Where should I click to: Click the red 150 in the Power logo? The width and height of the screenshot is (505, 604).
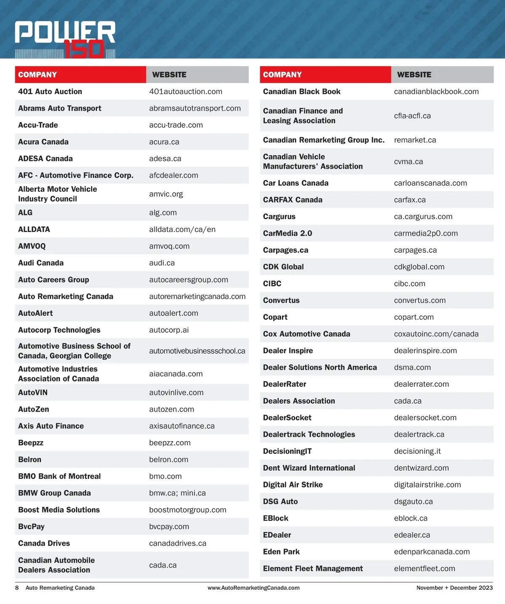pos(84,49)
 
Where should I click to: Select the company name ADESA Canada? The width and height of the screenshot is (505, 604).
pos(45,159)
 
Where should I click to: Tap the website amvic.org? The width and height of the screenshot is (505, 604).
pos(166,194)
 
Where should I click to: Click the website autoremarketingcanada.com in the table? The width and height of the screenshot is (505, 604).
pos(197,297)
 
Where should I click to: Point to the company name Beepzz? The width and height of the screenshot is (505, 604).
pos(31,443)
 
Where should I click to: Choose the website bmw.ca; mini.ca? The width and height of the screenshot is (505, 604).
pos(177,493)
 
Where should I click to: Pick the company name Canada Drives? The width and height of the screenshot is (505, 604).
pos(44,543)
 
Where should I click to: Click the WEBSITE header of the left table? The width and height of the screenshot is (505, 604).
pos(169,75)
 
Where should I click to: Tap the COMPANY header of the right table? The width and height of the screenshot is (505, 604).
pos(282,75)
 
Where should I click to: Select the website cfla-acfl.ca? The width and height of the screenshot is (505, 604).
pos(412,116)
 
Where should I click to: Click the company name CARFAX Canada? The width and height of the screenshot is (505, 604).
pos(292,200)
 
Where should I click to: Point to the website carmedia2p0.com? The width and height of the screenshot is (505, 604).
pos(425,233)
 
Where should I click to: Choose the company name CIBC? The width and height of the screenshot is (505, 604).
pos(272,283)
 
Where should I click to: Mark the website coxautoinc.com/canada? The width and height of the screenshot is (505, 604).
pos(436,334)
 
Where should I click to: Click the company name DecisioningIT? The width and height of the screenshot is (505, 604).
pos(287,451)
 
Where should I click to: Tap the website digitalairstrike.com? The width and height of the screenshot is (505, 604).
pos(427,485)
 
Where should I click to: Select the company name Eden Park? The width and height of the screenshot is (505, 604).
pos(281,552)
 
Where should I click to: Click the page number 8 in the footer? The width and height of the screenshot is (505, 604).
pos(17,588)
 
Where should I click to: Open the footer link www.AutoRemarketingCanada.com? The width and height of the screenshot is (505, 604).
pos(253,588)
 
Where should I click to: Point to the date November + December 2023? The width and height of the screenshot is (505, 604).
pos(454,588)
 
